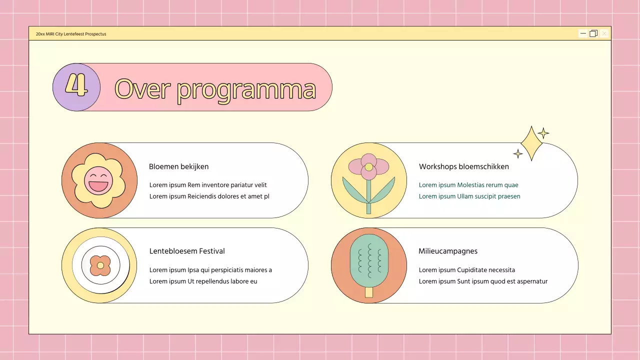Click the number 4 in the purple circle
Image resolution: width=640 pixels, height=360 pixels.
(x=76, y=86)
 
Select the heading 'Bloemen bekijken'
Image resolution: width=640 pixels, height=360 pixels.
(x=178, y=166)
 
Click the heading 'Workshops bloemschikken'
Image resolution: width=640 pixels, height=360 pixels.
(x=463, y=166)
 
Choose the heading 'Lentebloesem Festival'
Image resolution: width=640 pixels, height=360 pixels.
(x=187, y=251)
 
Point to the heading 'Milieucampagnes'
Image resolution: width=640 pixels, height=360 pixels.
(x=447, y=251)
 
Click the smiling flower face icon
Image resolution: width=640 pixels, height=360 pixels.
(x=99, y=180)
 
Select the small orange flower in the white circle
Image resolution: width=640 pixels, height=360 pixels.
(x=100, y=265)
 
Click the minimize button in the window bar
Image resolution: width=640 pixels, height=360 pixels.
(x=583, y=33)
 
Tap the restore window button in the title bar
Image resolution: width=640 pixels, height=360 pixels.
(x=593, y=33)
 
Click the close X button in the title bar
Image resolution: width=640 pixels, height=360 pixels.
(x=604, y=33)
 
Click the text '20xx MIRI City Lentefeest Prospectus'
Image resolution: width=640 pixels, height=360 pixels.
(x=71, y=34)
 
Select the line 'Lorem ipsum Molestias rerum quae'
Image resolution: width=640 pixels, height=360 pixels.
(x=468, y=185)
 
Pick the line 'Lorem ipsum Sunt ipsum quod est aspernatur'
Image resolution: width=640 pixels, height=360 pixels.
(x=483, y=281)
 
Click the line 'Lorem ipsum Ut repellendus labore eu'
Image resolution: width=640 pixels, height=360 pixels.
(x=203, y=281)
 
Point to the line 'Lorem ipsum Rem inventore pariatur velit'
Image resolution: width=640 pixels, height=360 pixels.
(x=208, y=185)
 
